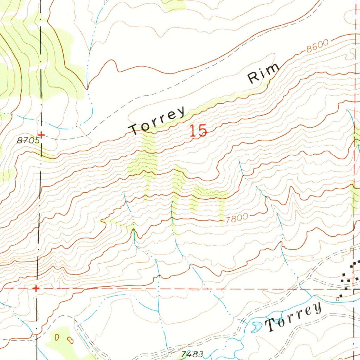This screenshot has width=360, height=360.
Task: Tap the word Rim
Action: point(264,73)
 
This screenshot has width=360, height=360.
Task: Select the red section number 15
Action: point(198,131)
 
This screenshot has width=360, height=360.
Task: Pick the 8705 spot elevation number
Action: point(28,140)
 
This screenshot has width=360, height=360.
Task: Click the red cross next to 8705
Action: point(41,134)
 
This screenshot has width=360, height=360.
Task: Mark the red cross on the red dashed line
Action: point(36,289)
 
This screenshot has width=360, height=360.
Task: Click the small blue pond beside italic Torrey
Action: point(256,327)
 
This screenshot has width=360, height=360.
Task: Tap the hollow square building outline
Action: point(338,299)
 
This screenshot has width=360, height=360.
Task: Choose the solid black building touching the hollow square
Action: point(341,296)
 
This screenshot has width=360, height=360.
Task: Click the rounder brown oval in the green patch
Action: point(57,337)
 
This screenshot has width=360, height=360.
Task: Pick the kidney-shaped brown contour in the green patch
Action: point(70,340)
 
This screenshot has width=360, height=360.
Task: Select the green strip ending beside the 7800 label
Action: point(221,211)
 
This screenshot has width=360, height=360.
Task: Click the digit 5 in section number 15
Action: point(202,131)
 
